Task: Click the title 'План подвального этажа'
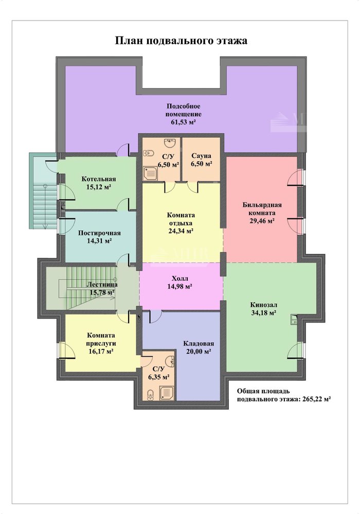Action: point(181,41)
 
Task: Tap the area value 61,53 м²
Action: point(183,122)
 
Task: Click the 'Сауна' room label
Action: point(201,156)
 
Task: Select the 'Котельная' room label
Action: point(99,179)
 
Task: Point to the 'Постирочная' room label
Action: point(99,233)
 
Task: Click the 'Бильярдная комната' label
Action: point(262,209)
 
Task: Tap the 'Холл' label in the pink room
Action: point(180,279)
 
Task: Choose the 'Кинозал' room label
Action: point(263,304)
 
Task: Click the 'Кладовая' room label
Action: point(199,343)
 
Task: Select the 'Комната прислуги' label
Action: point(101,339)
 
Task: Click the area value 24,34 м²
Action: point(180,231)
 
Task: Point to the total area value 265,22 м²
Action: point(316,399)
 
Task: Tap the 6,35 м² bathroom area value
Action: point(159,377)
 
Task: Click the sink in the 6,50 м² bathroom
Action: point(171,143)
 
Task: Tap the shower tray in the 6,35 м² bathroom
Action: point(167,392)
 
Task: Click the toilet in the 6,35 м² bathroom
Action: point(150,395)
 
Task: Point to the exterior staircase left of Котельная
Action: point(44,190)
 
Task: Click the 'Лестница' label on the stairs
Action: point(102,285)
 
